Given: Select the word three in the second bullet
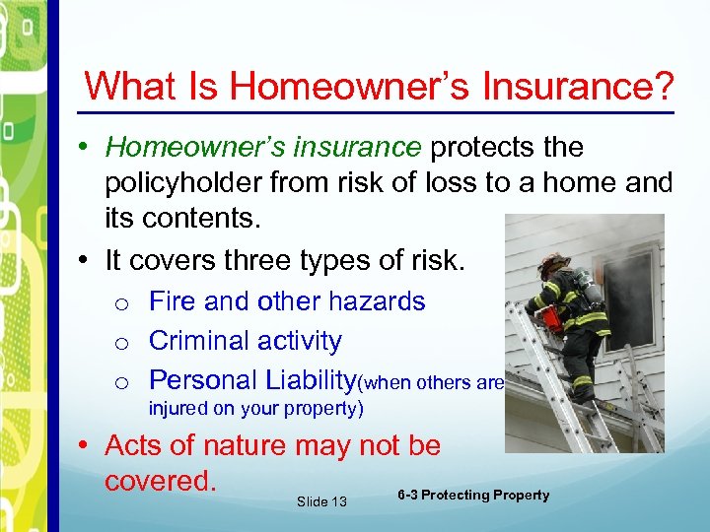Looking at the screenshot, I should (x=309, y=260).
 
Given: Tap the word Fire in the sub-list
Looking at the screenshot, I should (x=174, y=300).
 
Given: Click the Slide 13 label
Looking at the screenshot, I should (x=321, y=501).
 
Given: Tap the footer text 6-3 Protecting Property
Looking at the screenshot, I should (x=473, y=495).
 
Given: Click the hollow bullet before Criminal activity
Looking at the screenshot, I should (x=121, y=343).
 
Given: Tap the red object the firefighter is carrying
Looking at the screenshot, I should (x=549, y=318).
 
